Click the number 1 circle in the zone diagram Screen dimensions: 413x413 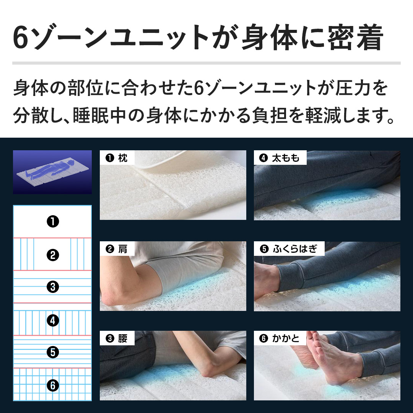[52, 221]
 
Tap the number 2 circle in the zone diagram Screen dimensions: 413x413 [52, 254]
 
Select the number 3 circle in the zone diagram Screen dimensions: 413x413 [52, 286]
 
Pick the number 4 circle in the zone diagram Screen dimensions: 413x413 [52, 320]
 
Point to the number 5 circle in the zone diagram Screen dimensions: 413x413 [52, 352]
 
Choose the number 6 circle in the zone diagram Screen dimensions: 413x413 [52, 385]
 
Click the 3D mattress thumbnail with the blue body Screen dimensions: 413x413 [52, 172]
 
